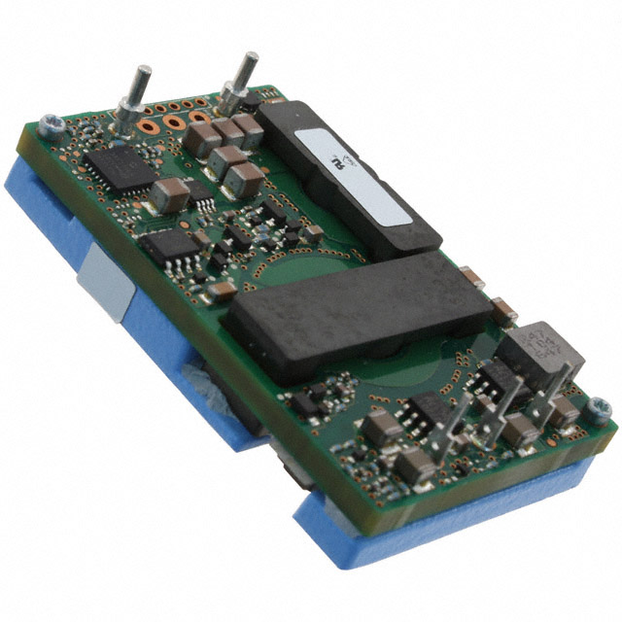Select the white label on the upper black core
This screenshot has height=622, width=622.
[355, 171]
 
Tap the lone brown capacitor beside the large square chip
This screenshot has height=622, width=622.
[169, 193]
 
